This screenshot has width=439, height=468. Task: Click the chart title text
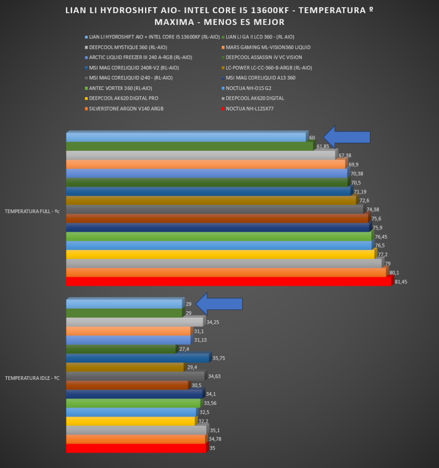click(x=219, y=16)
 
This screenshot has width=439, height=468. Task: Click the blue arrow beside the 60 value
click(x=347, y=137)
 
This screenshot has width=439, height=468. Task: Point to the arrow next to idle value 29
click(x=219, y=303)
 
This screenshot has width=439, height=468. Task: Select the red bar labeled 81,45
click(x=229, y=282)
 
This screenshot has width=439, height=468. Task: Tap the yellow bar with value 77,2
click(x=220, y=255)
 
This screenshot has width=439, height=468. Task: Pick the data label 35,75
click(x=219, y=358)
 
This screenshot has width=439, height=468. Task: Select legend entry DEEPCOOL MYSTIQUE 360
click(x=128, y=47)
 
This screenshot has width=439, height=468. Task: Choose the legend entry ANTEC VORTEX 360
click(x=121, y=88)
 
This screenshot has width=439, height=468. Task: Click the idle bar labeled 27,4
click(x=121, y=349)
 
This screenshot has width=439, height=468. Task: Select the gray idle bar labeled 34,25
click(x=134, y=322)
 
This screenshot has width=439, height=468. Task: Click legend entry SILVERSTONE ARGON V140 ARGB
click(x=126, y=109)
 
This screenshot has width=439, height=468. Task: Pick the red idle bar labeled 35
click(x=136, y=448)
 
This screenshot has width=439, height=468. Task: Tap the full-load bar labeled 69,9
click(x=206, y=165)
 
